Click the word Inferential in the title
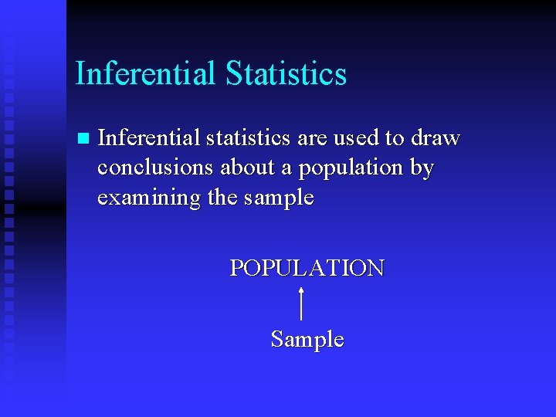click(145, 74)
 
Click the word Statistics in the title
click(286, 74)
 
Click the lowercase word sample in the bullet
click(278, 198)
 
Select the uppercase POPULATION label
click(307, 268)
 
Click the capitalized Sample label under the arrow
click(307, 340)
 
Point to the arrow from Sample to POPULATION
click(300, 303)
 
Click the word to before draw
click(395, 139)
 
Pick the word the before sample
click(222, 198)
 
